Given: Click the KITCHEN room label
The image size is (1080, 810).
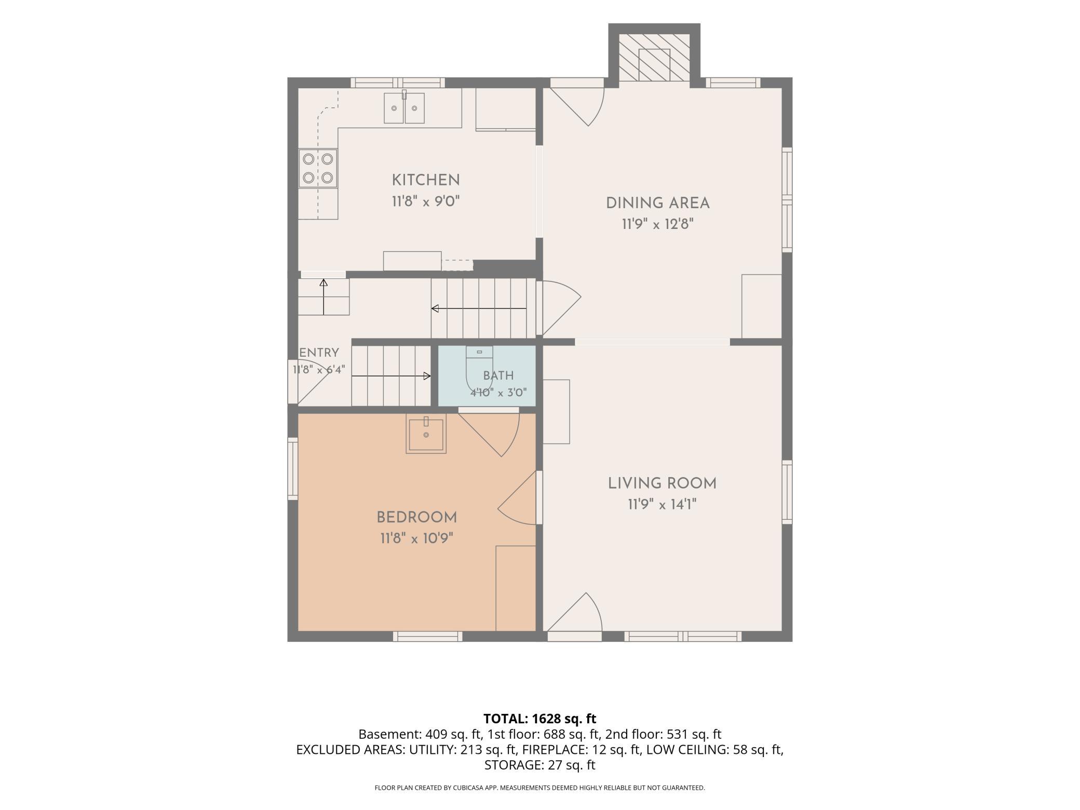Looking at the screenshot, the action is pos(426,180).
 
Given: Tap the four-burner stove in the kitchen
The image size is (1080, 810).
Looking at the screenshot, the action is pos(318,168).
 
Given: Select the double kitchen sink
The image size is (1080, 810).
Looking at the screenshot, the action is pos(404,108).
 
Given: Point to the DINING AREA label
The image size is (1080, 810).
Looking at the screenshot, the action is pos(658,203).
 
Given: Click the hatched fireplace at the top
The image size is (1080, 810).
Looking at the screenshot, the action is pos(654,58).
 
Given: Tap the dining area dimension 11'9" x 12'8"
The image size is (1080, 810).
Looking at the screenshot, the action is pos(658,224).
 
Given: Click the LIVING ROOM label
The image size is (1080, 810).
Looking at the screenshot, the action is pos(662,483).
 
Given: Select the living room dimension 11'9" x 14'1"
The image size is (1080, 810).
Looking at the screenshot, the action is pos(662,505).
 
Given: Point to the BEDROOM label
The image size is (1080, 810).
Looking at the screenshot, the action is pos(417,518).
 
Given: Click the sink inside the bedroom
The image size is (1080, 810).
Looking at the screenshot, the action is pos(426,435).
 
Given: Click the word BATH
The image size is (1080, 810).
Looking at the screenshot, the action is pos(498,375).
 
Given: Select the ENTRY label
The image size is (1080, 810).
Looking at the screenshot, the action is pos(319,353).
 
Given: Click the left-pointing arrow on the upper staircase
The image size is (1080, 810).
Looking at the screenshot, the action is pos(479,308).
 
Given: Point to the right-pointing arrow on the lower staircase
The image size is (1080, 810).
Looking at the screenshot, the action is pos(392,376).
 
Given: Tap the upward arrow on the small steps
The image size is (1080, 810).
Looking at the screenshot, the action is pos(323,297).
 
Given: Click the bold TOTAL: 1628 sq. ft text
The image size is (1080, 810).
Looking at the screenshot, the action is pos(540,719).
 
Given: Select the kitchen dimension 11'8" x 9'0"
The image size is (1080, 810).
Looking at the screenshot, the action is pos(426,201).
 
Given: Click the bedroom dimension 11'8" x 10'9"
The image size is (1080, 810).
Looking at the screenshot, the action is pos(417,539).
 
